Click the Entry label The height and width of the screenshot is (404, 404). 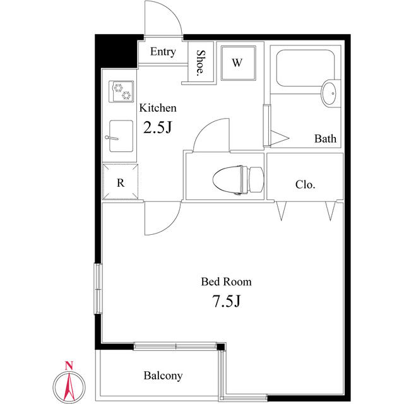point(163,52)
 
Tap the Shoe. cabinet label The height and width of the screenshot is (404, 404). point(201,63)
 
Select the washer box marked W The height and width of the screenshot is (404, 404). point(239,63)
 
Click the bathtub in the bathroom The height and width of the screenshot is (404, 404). point(306,68)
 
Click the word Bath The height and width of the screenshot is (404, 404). point(325,139)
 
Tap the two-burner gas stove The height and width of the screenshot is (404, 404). point(121,92)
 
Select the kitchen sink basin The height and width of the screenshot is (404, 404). point(121,136)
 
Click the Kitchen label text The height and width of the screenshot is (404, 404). point(158,108)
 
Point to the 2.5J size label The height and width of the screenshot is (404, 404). point(157,128)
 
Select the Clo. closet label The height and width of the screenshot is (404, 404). point(306,184)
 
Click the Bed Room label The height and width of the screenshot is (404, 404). point(226,282)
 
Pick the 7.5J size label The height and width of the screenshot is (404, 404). point(226,301)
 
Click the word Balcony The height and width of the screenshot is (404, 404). point(163,376)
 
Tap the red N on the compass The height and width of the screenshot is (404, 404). point(69,365)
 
